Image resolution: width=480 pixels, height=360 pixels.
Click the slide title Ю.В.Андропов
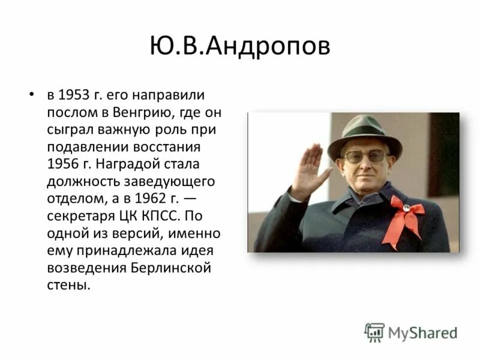240,46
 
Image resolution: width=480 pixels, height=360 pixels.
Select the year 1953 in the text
74,95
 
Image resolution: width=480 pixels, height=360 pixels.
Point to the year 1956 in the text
62,164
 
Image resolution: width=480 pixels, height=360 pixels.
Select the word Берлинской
170,268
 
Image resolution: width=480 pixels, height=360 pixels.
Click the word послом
67,112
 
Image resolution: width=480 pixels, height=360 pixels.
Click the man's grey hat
364,134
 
